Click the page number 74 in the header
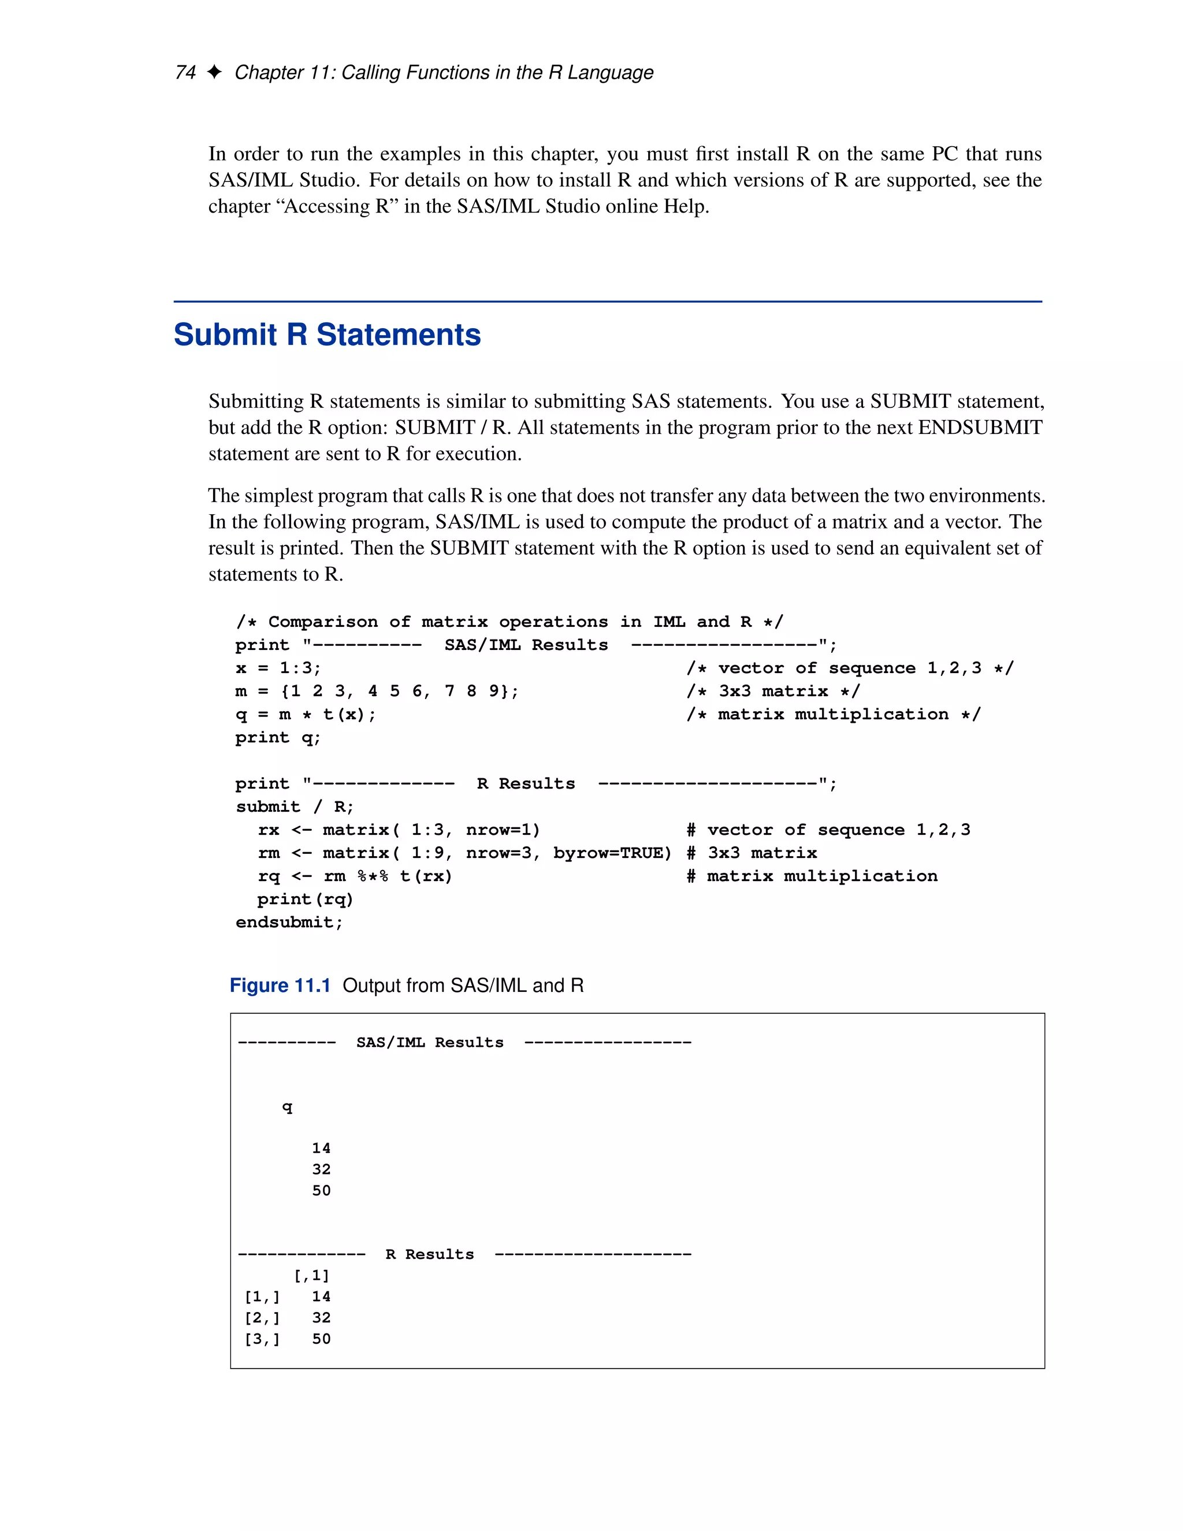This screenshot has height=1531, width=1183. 185,73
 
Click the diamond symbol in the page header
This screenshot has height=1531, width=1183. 214,72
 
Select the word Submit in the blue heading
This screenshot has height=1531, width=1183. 225,335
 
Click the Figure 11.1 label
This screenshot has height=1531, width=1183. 280,986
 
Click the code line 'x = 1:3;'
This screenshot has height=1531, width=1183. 277,668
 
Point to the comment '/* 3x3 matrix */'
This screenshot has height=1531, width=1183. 773,691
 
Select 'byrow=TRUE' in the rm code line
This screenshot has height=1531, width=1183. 612,853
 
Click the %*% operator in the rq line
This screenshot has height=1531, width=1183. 372,876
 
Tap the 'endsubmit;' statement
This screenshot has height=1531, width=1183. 289,923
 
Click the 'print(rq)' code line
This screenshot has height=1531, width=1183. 305,900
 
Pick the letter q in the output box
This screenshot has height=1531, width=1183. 287,1107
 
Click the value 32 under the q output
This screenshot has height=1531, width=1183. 321,1169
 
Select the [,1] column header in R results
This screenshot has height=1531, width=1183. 311,1275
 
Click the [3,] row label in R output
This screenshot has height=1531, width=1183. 262,1339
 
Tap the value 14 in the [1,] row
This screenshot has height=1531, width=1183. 321,1296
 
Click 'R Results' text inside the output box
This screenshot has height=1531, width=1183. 430,1254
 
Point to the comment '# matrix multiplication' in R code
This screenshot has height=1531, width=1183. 812,876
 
